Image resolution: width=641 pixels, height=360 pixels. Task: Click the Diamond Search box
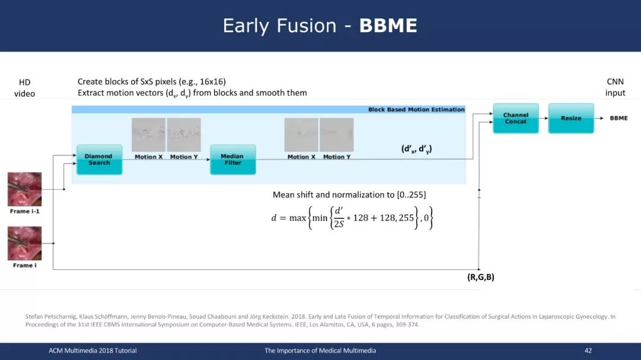(99, 160)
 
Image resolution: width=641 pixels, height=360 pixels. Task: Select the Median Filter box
(233, 160)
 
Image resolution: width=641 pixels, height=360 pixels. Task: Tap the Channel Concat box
(516, 118)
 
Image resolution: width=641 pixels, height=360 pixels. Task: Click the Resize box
(571, 118)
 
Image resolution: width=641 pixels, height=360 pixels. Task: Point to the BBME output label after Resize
(618, 118)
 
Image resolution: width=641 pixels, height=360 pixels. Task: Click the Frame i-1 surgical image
(24, 189)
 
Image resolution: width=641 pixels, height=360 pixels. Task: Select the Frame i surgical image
(24, 244)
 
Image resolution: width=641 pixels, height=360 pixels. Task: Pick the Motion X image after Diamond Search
(148, 135)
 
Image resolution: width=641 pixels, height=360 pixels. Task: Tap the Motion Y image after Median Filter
(337, 135)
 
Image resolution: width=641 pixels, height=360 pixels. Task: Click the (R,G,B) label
(481, 277)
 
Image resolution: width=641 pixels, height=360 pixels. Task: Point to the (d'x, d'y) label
(417, 149)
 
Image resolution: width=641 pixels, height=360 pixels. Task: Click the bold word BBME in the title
(388, 26)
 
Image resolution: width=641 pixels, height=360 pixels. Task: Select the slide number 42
(588, 351)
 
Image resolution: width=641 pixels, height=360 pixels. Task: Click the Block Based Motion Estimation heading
(417, 110)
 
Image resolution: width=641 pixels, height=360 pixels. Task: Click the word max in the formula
(297, 218)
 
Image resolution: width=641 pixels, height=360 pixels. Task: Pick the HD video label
(24, 88)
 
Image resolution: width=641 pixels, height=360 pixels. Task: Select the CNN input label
(615, 87)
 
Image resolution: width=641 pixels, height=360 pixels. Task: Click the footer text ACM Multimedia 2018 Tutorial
(93, 351)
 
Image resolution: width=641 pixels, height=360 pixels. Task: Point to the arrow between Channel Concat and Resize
(544, 118)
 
